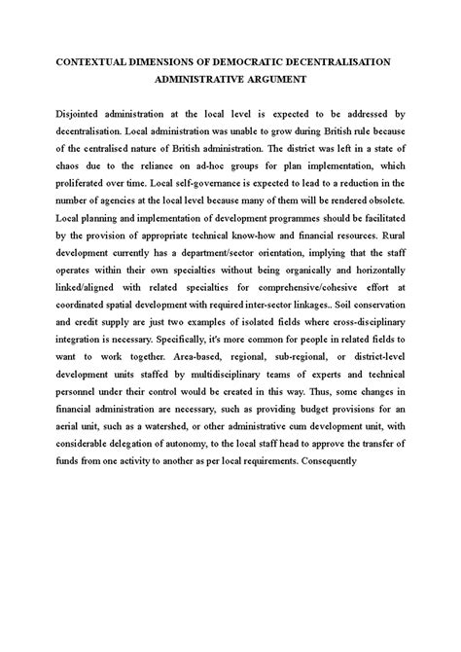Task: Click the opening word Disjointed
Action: tap(69, 114)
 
